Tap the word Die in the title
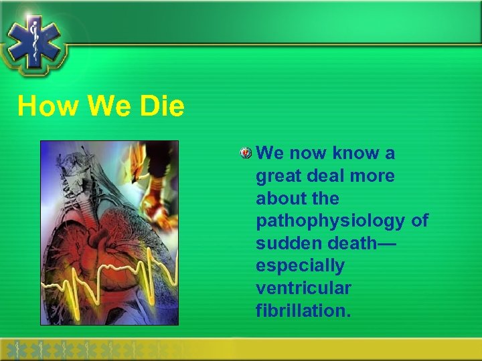click(161, 106)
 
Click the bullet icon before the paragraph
click(246, 154)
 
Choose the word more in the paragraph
click(372, 176)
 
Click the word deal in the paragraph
click(326, 176)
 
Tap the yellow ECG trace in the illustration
click(107, 281)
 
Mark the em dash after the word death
click(386, 243)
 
